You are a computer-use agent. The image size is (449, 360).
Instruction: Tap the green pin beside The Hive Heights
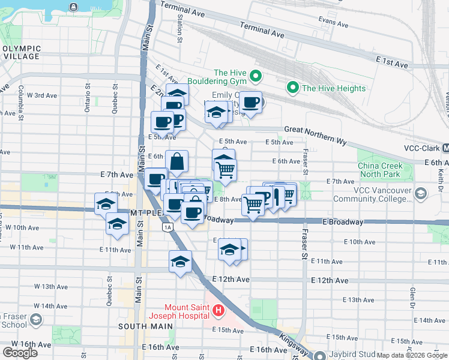[294, 88]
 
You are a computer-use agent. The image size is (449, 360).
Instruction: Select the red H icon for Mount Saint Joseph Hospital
[218, 311]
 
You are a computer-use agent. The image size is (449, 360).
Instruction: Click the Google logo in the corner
[20, 352]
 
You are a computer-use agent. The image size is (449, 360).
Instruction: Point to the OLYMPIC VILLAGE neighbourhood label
[21, 53]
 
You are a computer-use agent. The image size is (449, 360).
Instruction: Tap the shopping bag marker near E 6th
[177, 161]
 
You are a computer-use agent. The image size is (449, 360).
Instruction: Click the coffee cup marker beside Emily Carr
[250, 101]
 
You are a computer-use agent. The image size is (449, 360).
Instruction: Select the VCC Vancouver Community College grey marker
[420, 194]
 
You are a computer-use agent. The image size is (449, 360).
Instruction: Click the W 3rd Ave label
[42, 95]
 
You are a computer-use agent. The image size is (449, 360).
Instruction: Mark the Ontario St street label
[87, 97]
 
